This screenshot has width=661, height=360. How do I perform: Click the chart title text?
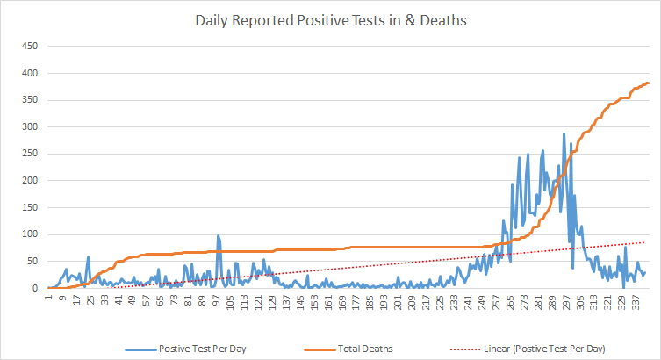point(330,18)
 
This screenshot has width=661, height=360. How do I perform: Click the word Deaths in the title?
point(444,18)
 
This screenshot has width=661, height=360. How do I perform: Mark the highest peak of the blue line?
point(564,134)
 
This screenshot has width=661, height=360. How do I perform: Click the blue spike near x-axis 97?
point(218,236)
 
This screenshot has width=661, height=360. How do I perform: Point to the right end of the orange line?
point(648,83)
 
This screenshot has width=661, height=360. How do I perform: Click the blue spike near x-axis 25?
point(89,257)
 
